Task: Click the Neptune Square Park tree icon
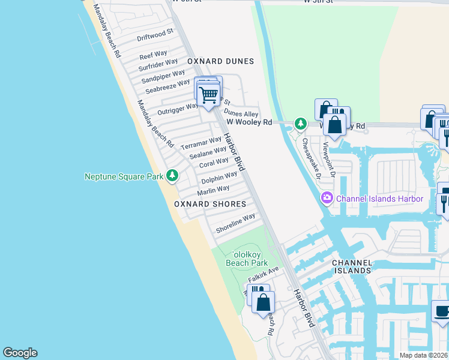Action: (x=173, y=175)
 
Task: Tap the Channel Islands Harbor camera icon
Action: (x=327, y=197)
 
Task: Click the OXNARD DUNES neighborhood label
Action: (x=220, y=61)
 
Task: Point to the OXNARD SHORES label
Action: (x=210, y=204)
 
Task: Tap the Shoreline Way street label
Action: (x=236, y=224)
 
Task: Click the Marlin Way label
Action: (x=214, y=190)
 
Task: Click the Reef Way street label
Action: (x=153, y=55)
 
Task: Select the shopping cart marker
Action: (x=209, y=95)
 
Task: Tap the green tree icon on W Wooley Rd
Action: (x=300, y=124)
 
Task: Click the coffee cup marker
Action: (x=442, y=312)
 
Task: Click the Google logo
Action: (x=20, y=353)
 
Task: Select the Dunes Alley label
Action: (x=241, y=113)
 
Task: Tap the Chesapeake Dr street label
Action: (x=313, y=160)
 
